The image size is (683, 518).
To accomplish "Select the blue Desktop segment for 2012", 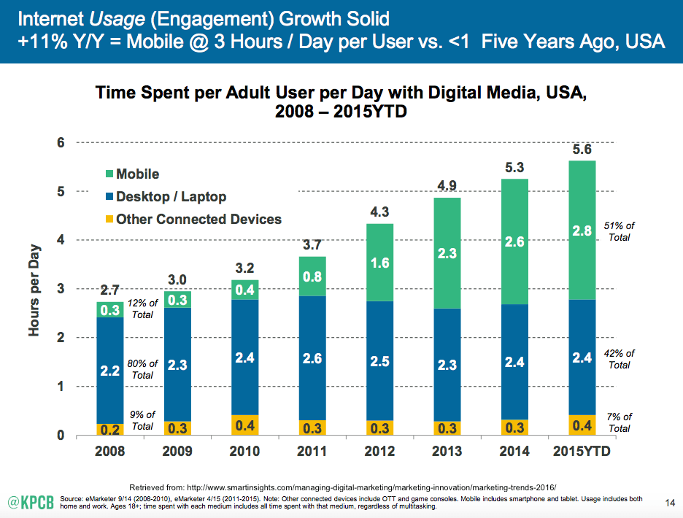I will tap(379, 360).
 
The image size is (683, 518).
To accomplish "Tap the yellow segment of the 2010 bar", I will tap(245, 425).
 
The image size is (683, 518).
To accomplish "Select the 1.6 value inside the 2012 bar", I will tap(379, 262).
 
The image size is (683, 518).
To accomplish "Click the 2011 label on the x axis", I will tap(312, 452).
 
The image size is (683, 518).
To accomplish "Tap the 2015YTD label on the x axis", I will tap(581, 452).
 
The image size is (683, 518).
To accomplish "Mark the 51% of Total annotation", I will tap(620, 231).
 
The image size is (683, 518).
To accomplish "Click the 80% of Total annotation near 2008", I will tap(142, 369).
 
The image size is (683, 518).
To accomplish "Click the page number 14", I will tap(670, 502).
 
